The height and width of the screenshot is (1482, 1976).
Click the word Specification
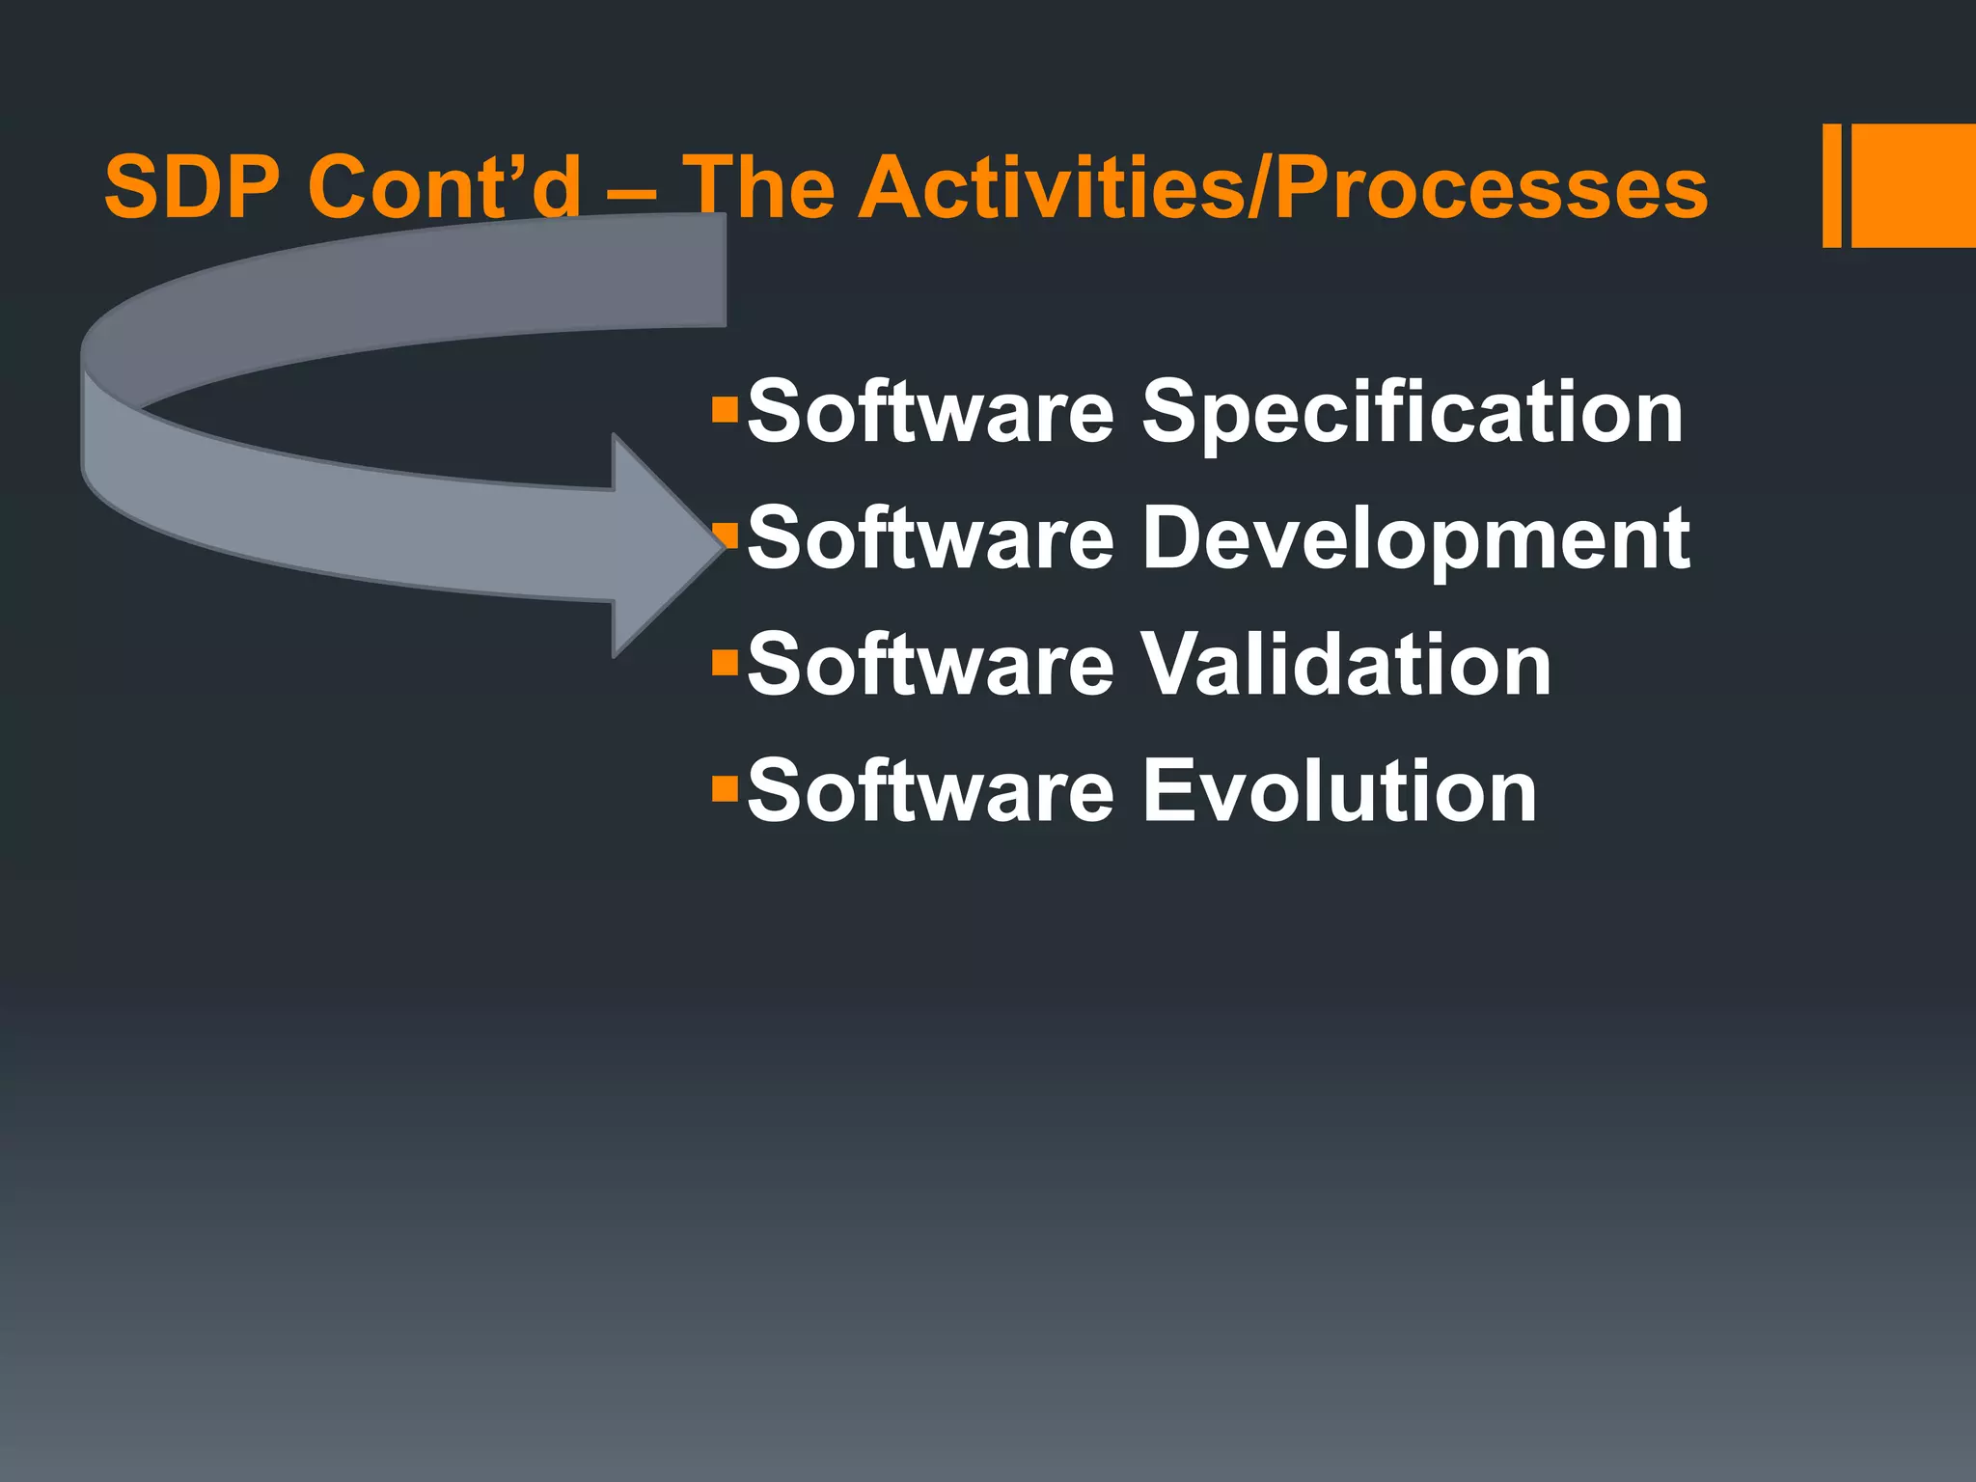pos(1413,413)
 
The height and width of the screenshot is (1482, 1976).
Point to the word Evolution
pos(1340,791)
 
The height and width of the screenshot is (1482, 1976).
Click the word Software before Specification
pos(931,411)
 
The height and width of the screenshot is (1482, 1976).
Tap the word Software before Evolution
pos(931,791)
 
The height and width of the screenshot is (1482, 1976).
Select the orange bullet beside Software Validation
pos(724,663)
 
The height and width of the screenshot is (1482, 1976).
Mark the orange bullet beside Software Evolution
pos(724,789)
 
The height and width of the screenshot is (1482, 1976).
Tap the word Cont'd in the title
pos(444,187)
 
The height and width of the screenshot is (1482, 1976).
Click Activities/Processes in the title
pos(1283,187)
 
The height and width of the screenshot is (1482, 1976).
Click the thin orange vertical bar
pos(1831,185)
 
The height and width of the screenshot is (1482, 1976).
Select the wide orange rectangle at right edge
pos(1913,185)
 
